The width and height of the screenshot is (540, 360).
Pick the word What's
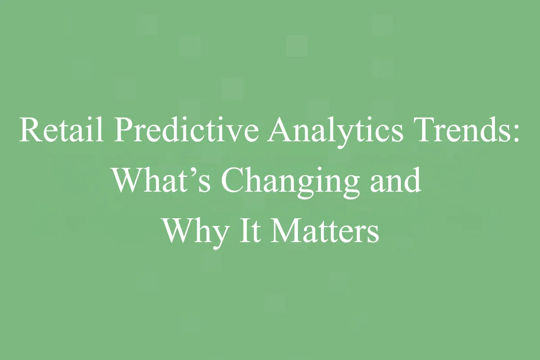[161, 180]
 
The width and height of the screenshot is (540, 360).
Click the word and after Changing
[396, 180]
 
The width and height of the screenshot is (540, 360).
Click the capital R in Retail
[28, 130]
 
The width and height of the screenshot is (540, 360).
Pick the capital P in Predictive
[122, 130]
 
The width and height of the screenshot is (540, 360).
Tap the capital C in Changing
[232, 180]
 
